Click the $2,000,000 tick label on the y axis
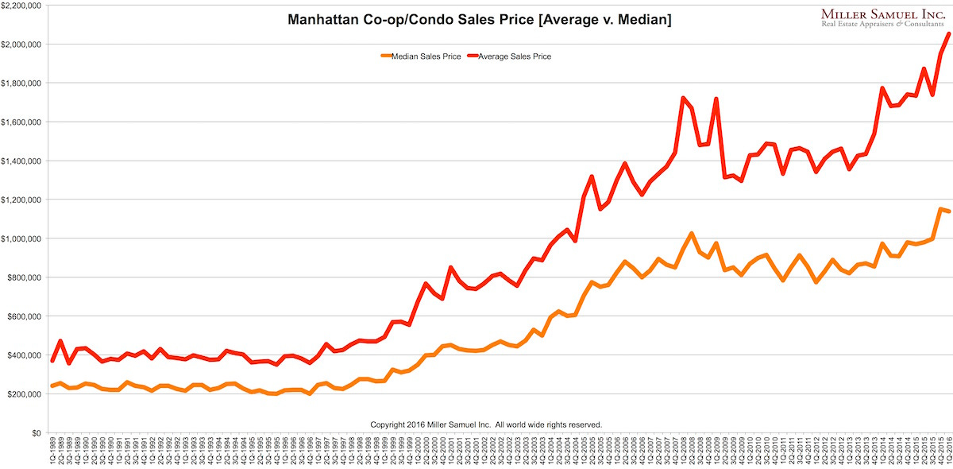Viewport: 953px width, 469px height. coord(21,44)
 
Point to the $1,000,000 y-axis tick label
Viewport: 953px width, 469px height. coord(21,238)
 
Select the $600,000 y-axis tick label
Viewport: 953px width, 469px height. coord(25,316)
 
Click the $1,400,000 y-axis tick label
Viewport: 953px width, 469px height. coord(21,161)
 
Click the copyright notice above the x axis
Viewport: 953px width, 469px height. coord(486,424)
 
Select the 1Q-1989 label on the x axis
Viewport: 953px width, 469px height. coord(52,452)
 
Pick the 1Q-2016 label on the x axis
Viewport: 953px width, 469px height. coord(947,452)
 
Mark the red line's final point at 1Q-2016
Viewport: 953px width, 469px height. coord(948,33)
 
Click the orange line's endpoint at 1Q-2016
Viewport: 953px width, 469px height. coord(948,211)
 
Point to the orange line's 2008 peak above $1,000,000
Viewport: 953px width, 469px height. coord(692,234)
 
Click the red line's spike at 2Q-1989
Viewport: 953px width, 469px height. coord(60,341)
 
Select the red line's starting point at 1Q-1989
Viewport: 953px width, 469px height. coord(52,361)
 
